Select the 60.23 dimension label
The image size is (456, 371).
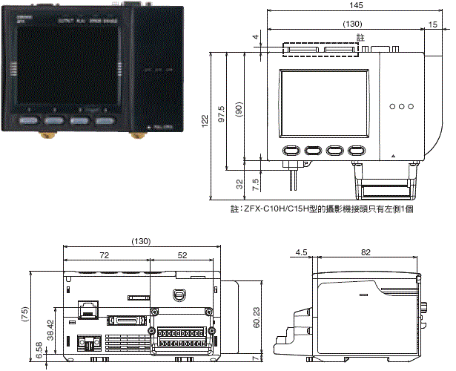pyautogui.click(x=255, y=318)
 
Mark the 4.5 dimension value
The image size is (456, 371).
pyautogui.click(x=301, y=253)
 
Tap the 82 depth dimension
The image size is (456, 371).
pyautogui.click(x=366, y=253)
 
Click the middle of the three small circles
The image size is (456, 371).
pyautogui.click(x=402, y=106)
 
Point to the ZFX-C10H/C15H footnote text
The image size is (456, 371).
pyautogui.click(x=322, y=210)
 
